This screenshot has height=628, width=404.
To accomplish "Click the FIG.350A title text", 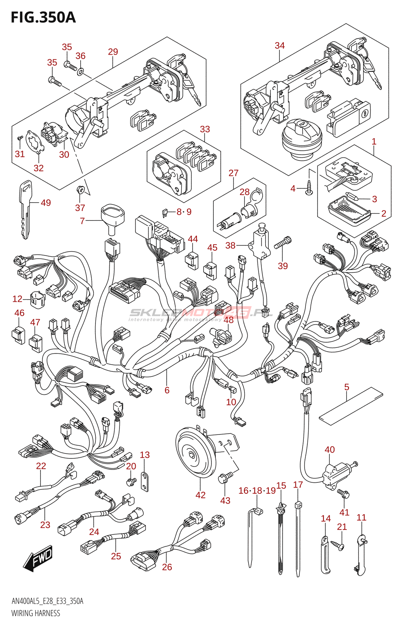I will [43, 18].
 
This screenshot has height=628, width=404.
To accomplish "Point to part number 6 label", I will [167, 390].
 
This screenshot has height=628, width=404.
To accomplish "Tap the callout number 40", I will [330, 450].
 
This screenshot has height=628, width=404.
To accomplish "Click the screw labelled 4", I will [309, 188].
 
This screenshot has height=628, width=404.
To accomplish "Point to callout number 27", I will [233, 173].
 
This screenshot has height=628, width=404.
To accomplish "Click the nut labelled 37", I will [81, 191].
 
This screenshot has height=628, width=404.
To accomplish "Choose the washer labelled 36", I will [81, 72].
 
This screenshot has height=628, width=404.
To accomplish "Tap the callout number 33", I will [205, 129].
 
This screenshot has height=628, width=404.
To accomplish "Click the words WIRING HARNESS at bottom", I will [36, 613].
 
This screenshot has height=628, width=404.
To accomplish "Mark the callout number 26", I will [167, 567].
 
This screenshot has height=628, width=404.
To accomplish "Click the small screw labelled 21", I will [337, 544].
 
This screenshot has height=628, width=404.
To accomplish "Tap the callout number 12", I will [17, 299].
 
